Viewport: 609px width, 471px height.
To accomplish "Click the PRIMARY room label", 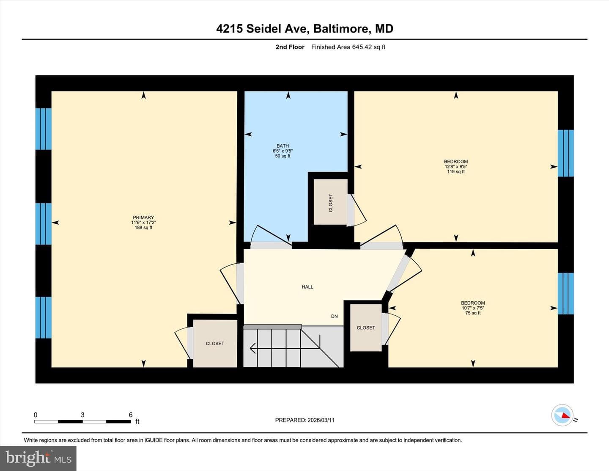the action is coord(143,217).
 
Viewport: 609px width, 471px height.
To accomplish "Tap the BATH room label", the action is coord(283,146).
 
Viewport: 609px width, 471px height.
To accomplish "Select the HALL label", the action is coord(307,287).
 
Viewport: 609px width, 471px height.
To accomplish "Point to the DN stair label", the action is coord(335,316).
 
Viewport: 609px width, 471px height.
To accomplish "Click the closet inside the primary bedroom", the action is coord(215,344).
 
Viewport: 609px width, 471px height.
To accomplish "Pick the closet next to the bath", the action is coord(330,202).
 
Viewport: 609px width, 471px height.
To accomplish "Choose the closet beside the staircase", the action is coord(366,328).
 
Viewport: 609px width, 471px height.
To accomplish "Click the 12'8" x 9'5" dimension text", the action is coord(456,167).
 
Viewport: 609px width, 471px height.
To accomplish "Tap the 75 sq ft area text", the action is coord(473,313).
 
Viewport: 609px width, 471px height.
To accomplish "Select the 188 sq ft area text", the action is coord(143,227).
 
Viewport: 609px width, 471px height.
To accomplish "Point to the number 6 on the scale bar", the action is coord(131,415).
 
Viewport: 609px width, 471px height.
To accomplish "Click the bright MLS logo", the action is coord(38,458).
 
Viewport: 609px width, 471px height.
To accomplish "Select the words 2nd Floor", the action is coord(290,47).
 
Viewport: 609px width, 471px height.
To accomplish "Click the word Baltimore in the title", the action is coord(341,29).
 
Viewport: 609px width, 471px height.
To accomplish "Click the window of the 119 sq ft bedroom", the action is coord(565,153).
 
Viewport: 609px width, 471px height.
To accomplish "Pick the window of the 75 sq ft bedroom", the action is coord(565,294).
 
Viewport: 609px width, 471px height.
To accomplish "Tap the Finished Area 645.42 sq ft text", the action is coord(348,47).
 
